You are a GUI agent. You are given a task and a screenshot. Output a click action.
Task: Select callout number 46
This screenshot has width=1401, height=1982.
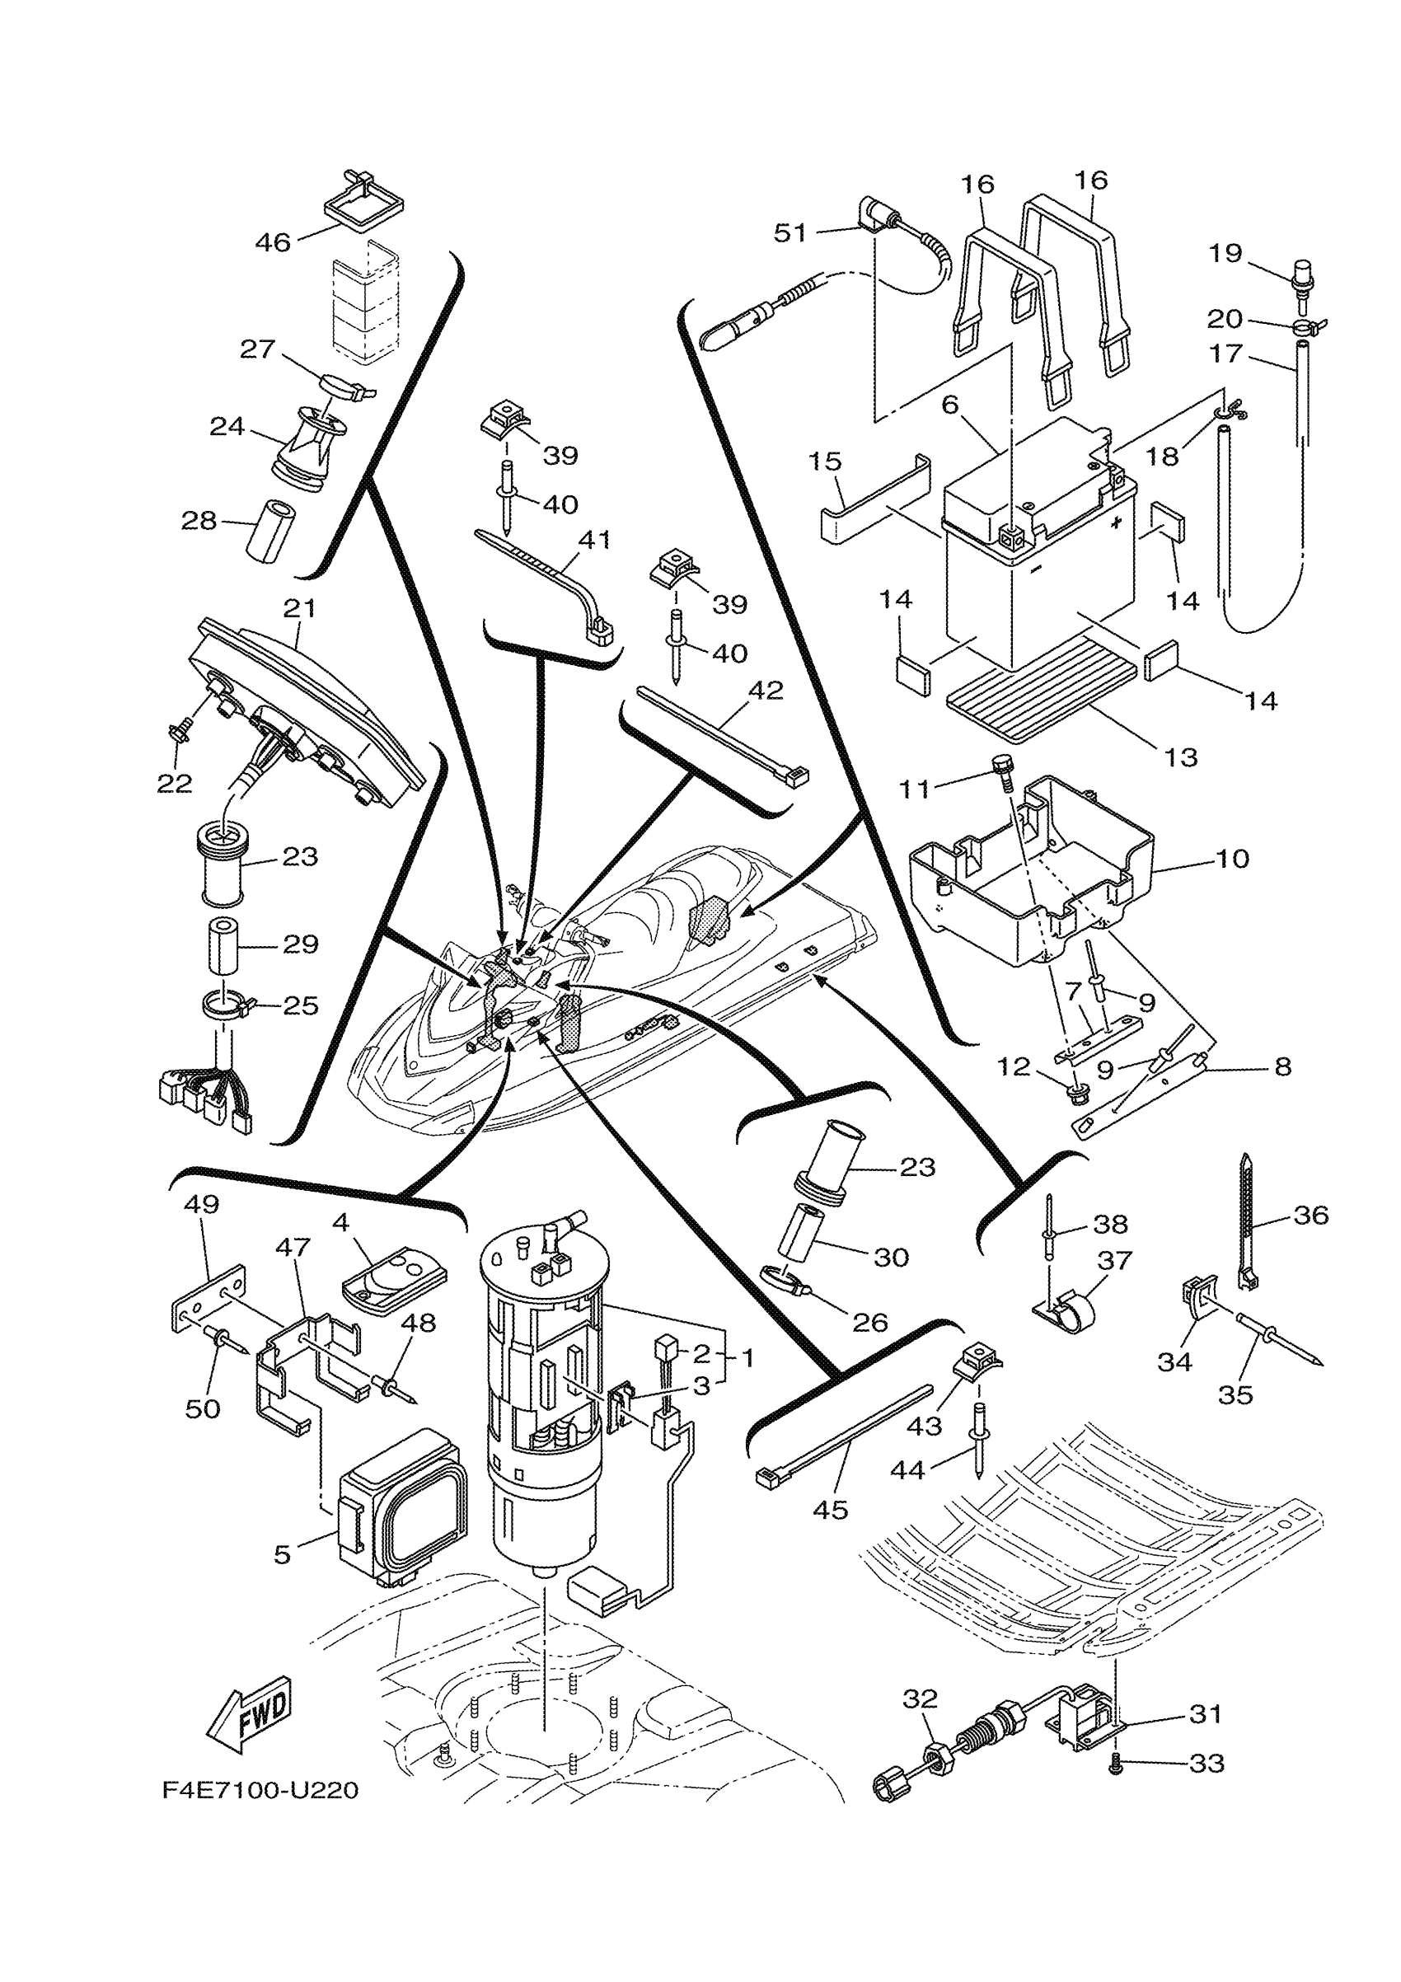tap(273, 242)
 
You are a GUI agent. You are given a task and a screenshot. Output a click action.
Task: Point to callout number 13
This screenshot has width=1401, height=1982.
tap(1181, 757)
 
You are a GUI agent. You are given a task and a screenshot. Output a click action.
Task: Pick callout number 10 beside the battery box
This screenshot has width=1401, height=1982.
tap(1233, 859)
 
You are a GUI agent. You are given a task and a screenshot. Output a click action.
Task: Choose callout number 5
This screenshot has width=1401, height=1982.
tap(283, 1555)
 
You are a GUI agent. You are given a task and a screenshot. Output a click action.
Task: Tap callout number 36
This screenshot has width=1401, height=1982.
tap(1310, 1216)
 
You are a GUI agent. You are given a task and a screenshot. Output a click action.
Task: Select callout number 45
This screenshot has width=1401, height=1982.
tap(831, 1510)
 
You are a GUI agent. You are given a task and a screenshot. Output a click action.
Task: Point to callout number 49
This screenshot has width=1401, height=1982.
tap(201, 1204)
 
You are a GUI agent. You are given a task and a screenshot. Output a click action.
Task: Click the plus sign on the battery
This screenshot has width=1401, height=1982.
tap(1118, 523)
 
